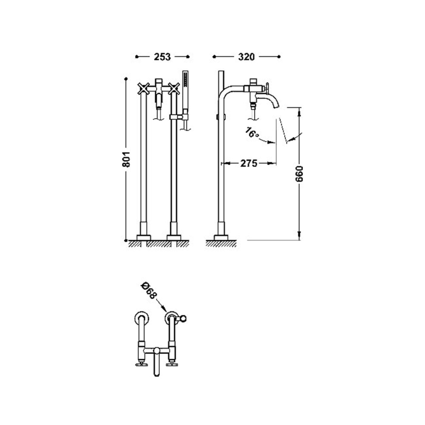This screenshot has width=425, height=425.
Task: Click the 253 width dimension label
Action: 163,57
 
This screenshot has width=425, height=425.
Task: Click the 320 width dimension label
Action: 246,57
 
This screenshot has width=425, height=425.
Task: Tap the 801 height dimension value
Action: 126,159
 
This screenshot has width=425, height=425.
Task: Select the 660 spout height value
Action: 299,174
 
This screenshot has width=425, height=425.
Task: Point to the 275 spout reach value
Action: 249,164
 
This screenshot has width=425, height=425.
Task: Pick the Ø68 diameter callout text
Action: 149,291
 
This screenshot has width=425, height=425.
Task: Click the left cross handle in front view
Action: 143,89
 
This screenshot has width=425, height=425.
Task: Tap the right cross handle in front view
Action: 174,89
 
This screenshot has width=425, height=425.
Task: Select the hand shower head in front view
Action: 185,79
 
